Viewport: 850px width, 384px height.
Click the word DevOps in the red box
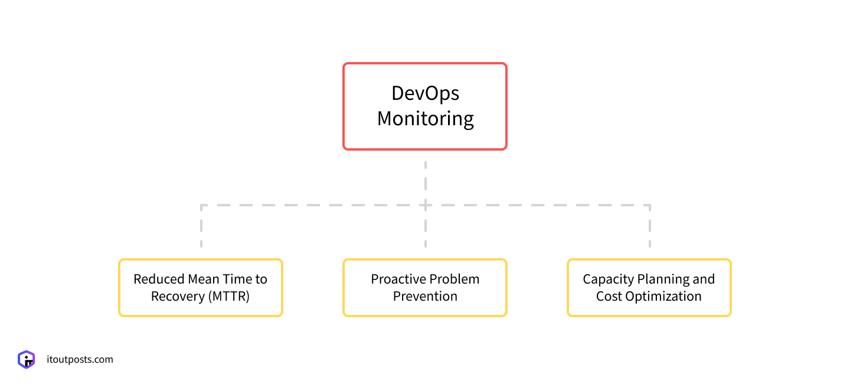pyautogui.click(x=425, y=93)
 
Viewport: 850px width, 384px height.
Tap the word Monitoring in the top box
pyautogui.click(x=425, y=119)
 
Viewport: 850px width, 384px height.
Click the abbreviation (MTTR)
pyautogui.click(x=228, y=297)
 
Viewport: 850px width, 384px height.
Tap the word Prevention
pyautogui.click(x=425, y=297)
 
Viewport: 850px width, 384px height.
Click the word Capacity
pyautogui.click(x=608, y=279)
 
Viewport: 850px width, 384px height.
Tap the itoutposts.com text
pyautogui.click(x=80, y=359)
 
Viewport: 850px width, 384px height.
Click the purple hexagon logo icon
pyautogui.click(x=27, y=359)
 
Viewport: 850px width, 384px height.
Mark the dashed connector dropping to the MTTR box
pyautogui.click(x=201, y=227)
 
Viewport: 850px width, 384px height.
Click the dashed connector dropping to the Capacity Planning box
pyautogui.click(x=649, y=227)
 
